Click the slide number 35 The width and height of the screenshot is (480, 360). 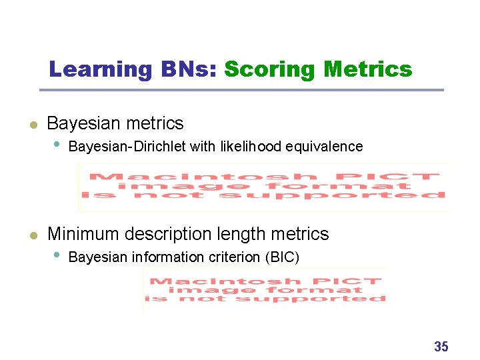click(x=441, y=347)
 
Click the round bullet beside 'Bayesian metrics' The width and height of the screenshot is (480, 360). click(x=31, y=124)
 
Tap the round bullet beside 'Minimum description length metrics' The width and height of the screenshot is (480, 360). click(x=31, y=235)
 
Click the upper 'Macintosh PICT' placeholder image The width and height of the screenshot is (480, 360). click(x=265, y=187)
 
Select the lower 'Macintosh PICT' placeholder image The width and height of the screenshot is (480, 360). click(x=267, y=290)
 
